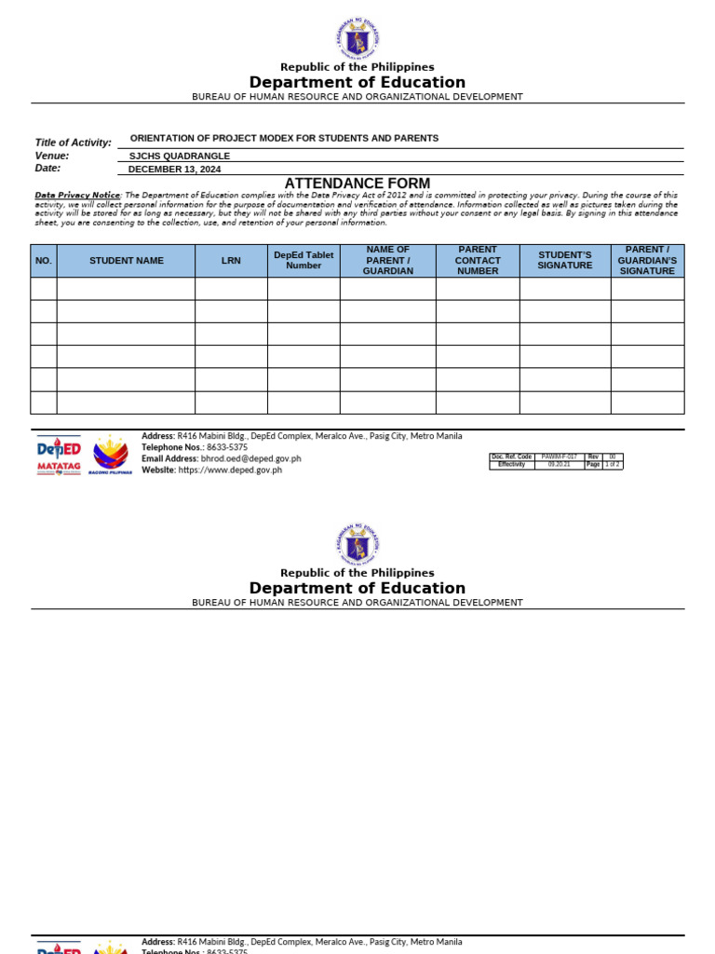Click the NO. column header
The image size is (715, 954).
point(44,261)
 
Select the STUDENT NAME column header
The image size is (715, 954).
point(126,261)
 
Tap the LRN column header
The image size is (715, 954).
point(231,261)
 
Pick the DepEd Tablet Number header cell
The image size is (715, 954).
point(304,261)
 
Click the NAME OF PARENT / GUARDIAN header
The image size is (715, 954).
point(387,261)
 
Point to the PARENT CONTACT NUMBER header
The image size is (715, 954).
point(478,261)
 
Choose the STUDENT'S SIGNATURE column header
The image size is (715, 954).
point(565,261)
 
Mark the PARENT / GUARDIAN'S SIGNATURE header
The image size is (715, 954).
point(647,261)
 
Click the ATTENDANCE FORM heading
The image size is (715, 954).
point(357,184)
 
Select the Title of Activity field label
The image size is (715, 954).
point(73,143)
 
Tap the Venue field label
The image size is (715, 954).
point(52,156)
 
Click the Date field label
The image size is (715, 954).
point(47,169)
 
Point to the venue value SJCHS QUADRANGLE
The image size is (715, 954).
point(179,157)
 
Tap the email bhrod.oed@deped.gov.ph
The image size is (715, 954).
point(250,458)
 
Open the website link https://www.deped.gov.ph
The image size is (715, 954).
point(230,470)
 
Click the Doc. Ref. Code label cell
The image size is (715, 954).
point(512,457)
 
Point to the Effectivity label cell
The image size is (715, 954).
point(512,465)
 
